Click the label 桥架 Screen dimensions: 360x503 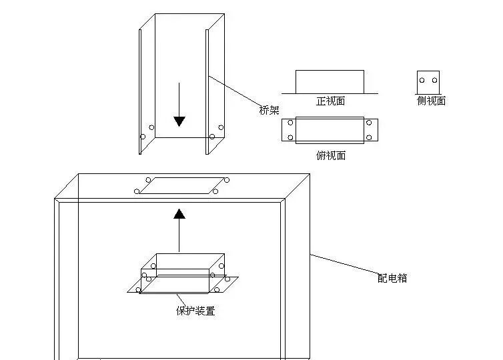point(269,111)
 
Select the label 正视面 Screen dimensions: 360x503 point(330,101)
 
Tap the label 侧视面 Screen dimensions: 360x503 point(430,101)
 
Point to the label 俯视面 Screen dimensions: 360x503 point(330,155)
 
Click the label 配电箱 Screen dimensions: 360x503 point(392,278)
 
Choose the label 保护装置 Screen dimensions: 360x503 point(195,311)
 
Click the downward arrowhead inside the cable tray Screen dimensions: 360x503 point(179,121)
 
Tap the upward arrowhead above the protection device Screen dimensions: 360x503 point(179,213)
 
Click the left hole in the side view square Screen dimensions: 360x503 point(422,81)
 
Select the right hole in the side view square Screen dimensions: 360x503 point(434,81)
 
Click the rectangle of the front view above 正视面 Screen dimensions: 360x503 point(330,81)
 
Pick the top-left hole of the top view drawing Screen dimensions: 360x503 point(290,123)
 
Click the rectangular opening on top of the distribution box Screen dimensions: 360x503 point(181,185)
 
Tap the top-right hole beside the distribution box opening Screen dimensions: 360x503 point(227,179)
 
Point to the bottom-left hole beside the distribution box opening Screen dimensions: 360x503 point(137,192)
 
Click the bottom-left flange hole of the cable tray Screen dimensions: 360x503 point(142,137)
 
